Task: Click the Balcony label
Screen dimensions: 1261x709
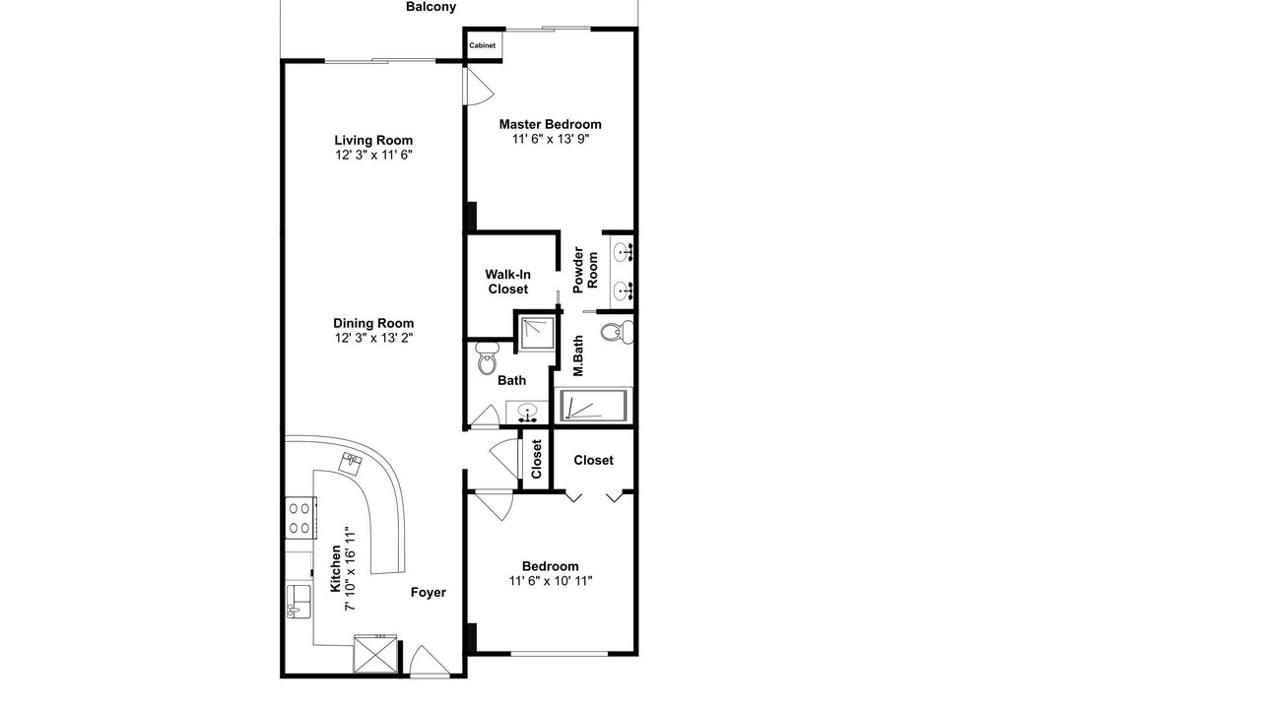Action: click(431, 7)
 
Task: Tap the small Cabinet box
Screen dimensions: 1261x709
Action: click(483, 45)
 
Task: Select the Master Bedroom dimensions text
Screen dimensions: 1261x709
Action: click(550, 139)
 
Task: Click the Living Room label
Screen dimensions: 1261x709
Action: click(373, 140)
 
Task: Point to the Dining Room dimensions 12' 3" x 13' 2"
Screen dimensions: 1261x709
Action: click(373, 338)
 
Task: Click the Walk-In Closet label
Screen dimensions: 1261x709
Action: click(507, 282)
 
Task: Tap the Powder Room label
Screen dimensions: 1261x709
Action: click(585, 270)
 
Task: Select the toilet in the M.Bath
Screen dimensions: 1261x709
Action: click(617, 332)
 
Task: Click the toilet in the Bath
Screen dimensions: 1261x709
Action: click(487, 357)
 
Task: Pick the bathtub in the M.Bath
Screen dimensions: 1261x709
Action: click(593, 405)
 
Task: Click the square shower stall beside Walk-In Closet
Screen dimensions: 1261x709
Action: click(537, 333)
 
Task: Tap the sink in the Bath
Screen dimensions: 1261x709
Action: click(527, 412)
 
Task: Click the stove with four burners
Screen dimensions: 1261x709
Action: click(300, 518)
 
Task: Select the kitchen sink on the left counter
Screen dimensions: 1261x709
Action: click(299, 602)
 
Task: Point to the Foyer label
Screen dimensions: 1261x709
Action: click(428, 592)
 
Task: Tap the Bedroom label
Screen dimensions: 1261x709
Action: click(550, 566)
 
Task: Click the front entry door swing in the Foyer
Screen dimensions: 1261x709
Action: click(429, 661)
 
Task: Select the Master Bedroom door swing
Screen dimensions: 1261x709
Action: click(478, 85)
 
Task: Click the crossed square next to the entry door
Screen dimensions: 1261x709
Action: click(375, 654)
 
